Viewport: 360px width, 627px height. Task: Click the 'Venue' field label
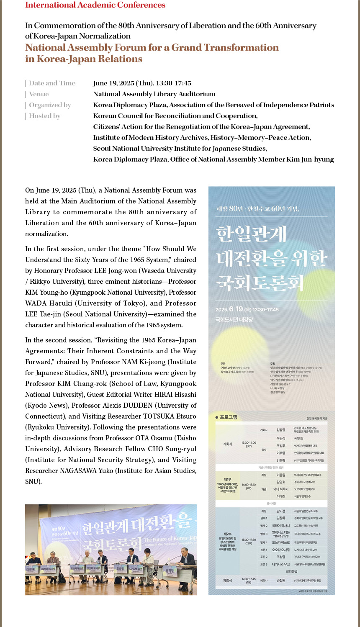39,94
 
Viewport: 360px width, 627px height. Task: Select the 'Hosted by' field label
44,116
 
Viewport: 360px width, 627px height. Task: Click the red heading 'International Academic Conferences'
95,5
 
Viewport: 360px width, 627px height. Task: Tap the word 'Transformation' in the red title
241,48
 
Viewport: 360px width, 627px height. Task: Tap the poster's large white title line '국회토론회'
260,283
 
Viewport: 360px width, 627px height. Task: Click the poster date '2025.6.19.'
229,309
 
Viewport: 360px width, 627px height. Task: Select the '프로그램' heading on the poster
228,417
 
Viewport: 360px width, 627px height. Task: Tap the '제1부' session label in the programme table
227,480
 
